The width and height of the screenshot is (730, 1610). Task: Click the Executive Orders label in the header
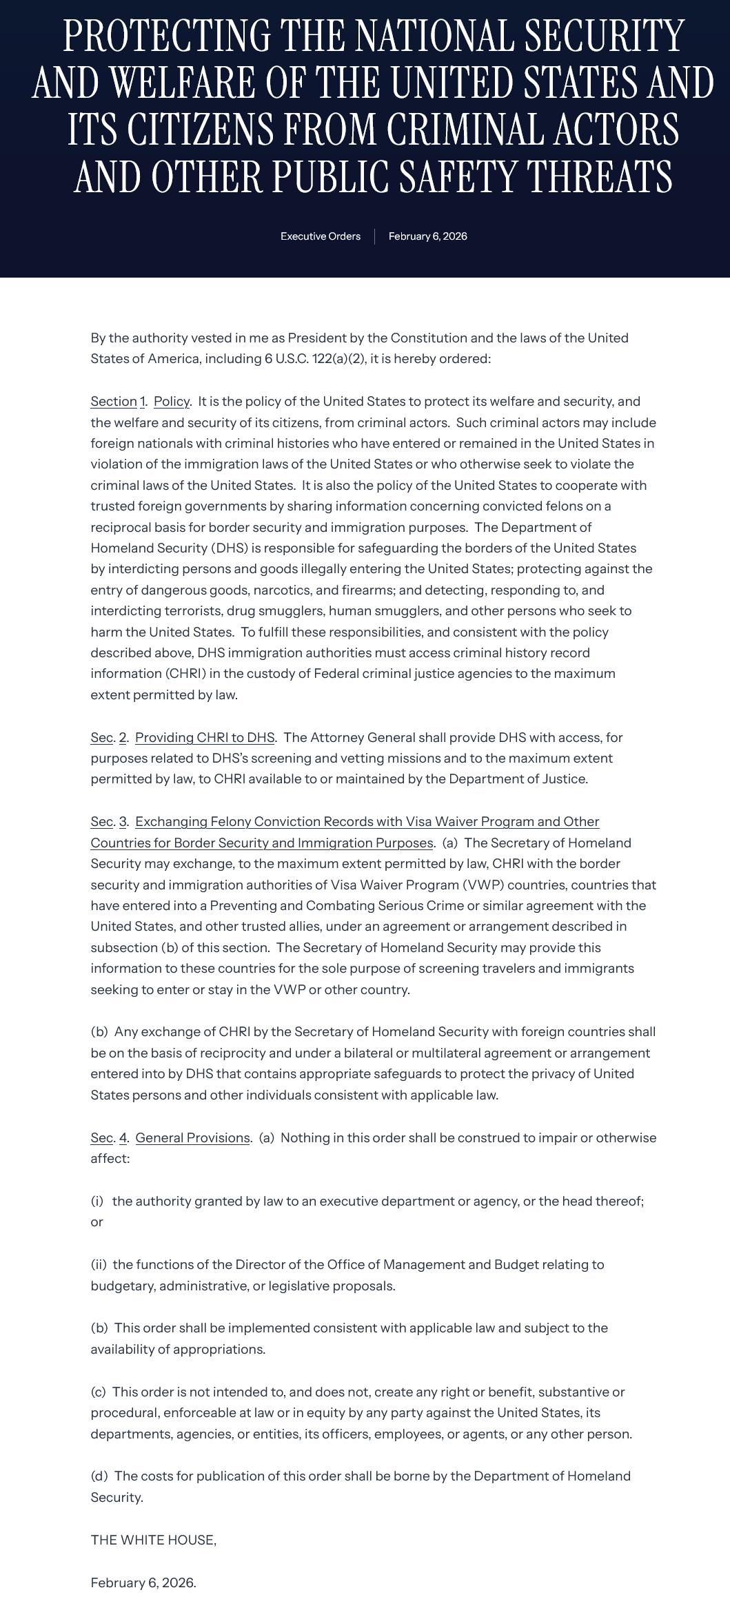click(320, 236)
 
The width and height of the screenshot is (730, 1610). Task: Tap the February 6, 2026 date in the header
click(427, 236)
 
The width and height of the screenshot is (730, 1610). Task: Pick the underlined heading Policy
click(171, 402)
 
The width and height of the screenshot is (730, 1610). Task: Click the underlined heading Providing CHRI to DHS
click(205, 738)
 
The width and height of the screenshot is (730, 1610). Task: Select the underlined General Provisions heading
click(192, 1137)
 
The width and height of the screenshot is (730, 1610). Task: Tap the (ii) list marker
click(99, 1265)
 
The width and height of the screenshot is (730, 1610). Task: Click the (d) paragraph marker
click(99, 1476)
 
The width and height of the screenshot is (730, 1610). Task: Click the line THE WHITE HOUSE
click(153, 1540)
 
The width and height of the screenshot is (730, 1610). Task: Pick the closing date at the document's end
click(143, 1582)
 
